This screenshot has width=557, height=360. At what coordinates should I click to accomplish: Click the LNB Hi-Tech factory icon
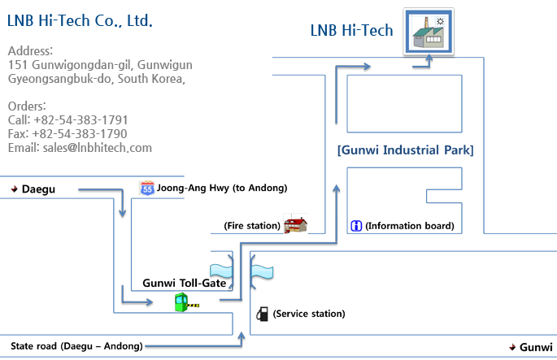coord(430,32)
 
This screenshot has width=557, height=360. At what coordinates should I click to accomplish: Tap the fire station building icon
coord(295,224)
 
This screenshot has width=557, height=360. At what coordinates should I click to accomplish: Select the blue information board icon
coord(355,225)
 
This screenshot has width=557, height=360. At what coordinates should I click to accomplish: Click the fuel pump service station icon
coord(262,314)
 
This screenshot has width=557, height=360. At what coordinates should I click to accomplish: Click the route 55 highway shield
coord(147,189)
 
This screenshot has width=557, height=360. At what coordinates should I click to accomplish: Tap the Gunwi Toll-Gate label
coord(184,283)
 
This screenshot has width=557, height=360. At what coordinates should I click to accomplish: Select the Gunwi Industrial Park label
coord(405,150)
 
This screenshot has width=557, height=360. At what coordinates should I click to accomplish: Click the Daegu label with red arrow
coord(33,189)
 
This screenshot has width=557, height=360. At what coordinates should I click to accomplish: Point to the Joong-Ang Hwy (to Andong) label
coord(222,189)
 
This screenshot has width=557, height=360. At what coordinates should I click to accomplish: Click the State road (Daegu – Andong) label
coord(76,345)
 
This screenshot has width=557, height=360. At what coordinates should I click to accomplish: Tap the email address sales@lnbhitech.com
coord(80,148)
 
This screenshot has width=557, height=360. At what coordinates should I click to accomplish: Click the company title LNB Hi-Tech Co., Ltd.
coord(80,20)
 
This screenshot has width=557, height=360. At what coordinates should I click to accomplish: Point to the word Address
coord(29,51)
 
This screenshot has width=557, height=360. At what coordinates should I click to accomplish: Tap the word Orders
coord(27,106)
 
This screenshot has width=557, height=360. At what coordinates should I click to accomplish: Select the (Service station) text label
coord(309,314)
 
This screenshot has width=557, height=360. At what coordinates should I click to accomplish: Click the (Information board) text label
coord(409,226)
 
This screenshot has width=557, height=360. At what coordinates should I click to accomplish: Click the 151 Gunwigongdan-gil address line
coord(99,65)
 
